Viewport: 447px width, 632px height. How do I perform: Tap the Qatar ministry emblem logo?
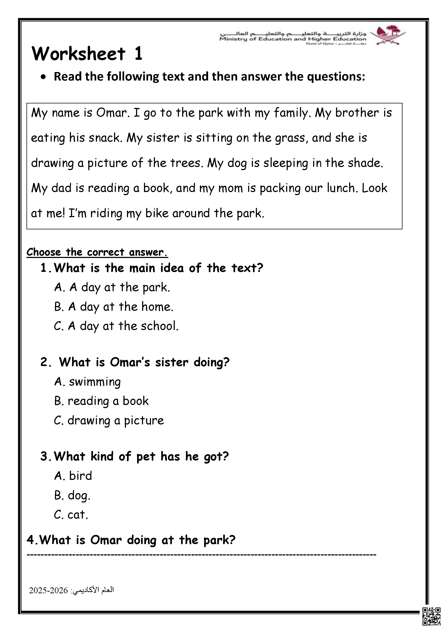click(x=388, y=35)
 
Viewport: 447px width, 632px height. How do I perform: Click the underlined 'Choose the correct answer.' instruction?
click(x=97, y=252)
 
